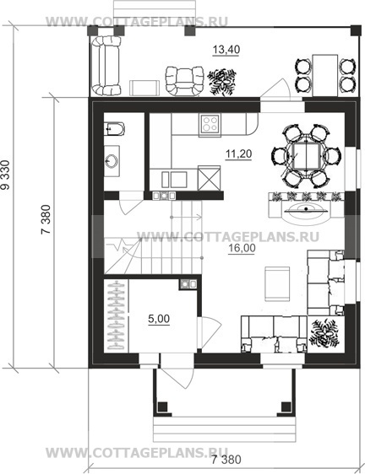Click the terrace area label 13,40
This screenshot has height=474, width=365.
pos(226,49)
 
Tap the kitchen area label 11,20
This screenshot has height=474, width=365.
pos(238,154)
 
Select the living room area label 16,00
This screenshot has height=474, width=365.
pos(242,248)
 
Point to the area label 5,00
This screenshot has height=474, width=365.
pos(159,319)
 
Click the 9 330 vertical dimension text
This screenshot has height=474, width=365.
pos(5,175)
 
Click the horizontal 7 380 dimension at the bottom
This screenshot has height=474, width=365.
pos(226,460)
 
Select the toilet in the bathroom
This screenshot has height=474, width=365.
pos(114,129)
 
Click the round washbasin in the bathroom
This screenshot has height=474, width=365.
pos(112,161)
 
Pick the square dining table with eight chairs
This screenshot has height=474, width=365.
pos(307,157)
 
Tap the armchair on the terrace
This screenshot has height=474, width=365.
pos(184,81)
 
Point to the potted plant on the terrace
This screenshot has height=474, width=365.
pos(221,81)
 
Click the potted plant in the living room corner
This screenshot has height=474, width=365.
pos(325,333)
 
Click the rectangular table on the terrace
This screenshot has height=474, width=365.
pos(325,75)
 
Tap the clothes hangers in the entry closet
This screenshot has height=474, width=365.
pos(117,315)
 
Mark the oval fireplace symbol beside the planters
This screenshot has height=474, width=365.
pos(306,208)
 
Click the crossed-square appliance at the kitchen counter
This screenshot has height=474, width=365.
pos(209,178)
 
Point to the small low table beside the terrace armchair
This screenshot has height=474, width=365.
pos(144,88)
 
